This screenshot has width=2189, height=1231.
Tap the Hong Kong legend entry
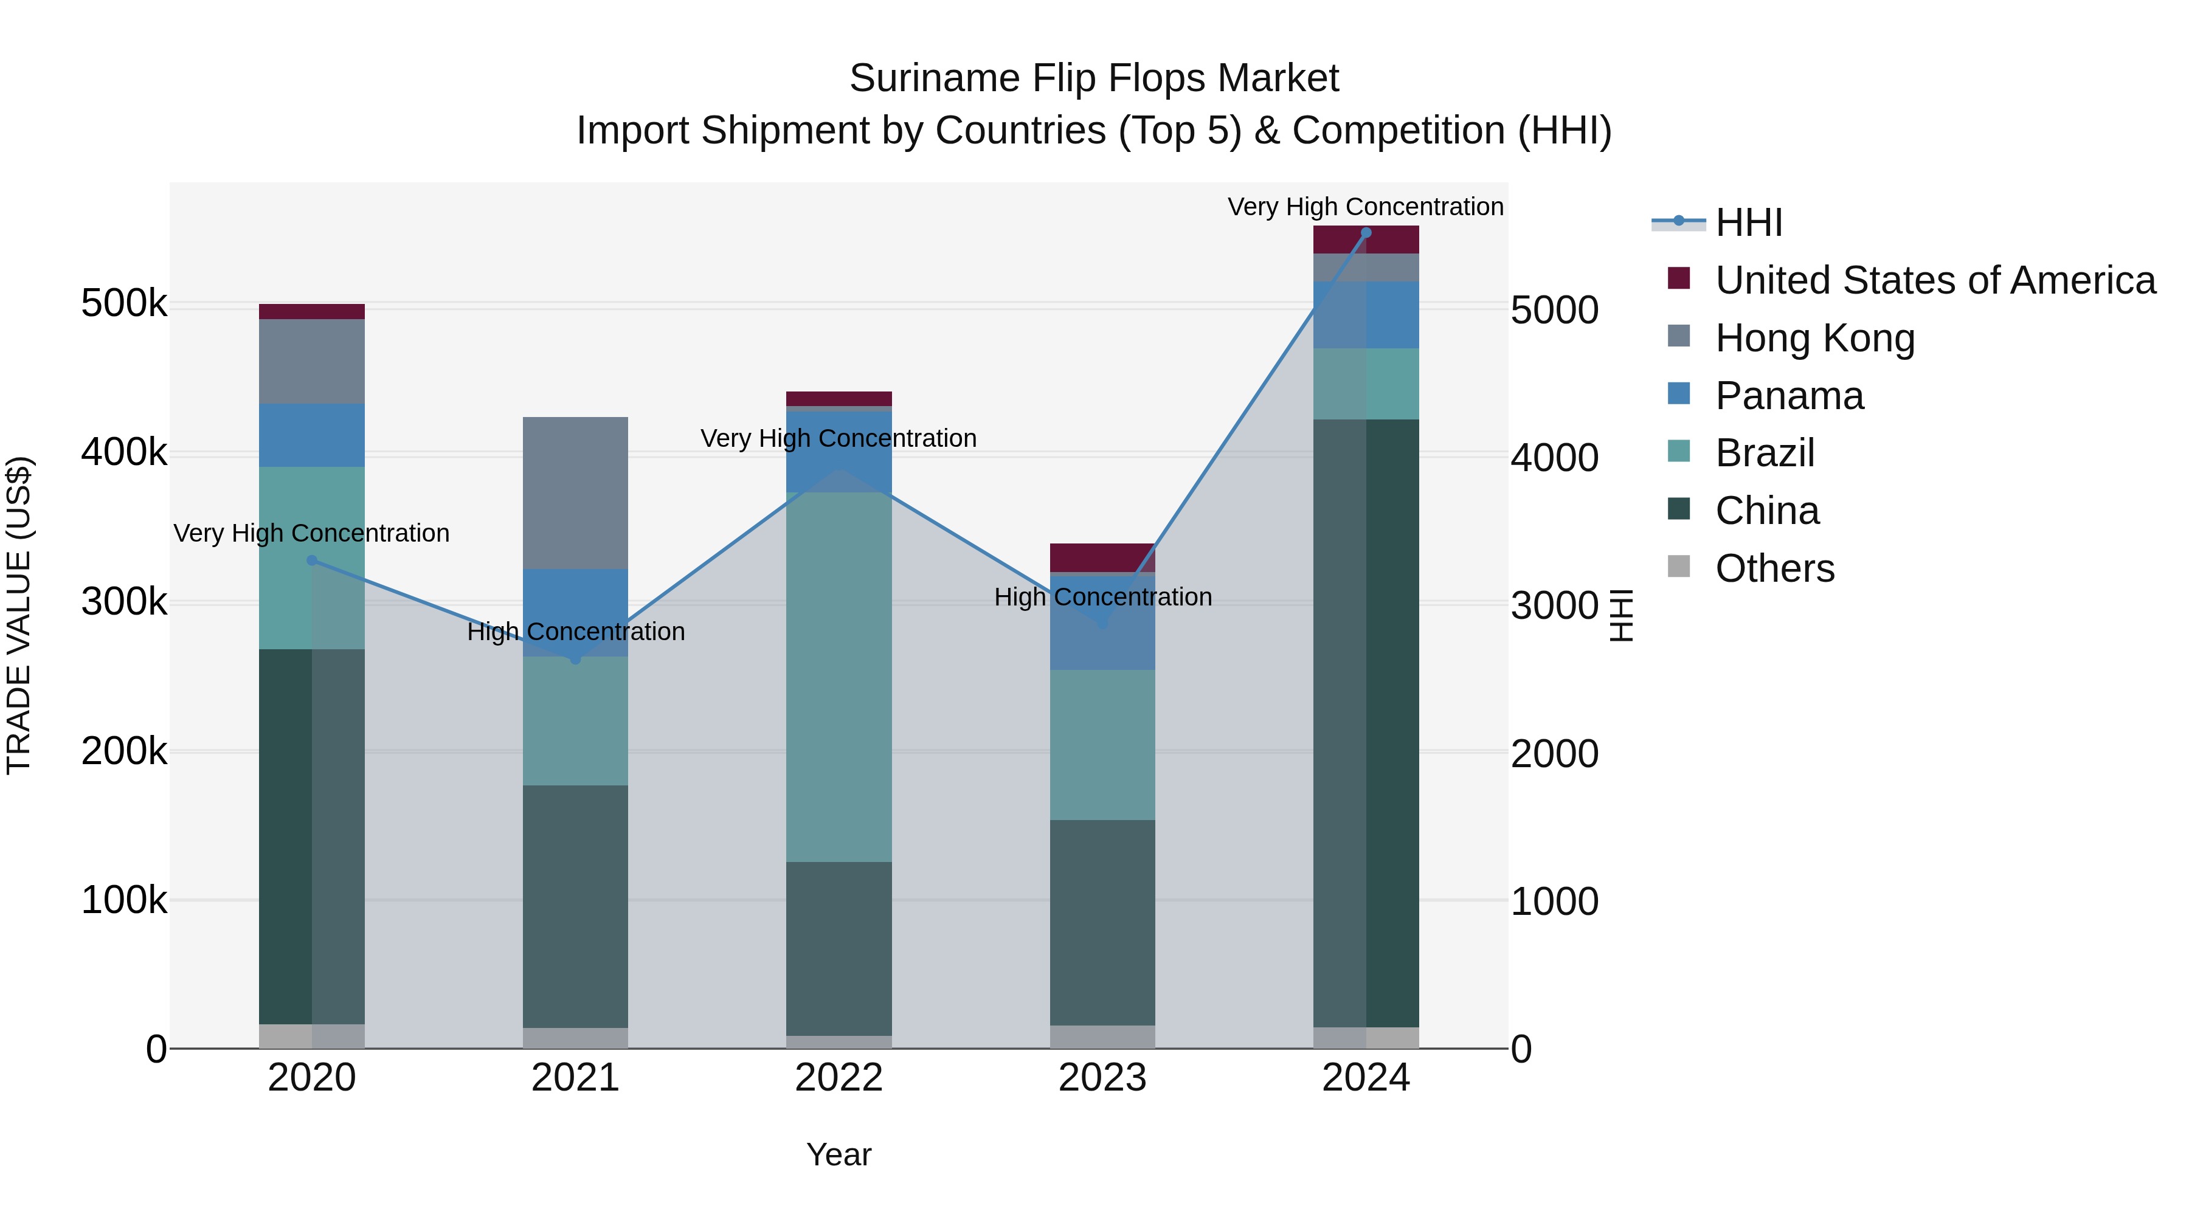click(1814, 338)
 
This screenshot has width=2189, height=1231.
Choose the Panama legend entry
click(1789, 396)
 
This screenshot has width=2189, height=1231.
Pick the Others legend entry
click(1774, 568)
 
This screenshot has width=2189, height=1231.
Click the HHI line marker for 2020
click(312, 560)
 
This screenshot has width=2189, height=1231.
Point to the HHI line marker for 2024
click(1366, 233)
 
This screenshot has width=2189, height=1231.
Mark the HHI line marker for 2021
click(575, 659)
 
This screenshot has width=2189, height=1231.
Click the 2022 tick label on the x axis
click(839, 1078)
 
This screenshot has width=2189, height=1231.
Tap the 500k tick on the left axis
click(124, 304)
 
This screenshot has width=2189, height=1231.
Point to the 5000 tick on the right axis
click(1554, 310)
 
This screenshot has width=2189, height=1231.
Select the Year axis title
click(839, 1154)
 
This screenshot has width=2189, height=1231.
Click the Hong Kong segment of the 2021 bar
click(575, 493)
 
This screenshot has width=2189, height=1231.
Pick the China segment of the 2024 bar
click(1366, 722)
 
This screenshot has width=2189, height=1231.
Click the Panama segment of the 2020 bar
click(312, 435)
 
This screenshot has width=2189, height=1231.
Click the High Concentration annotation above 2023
click(1102, 597)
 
